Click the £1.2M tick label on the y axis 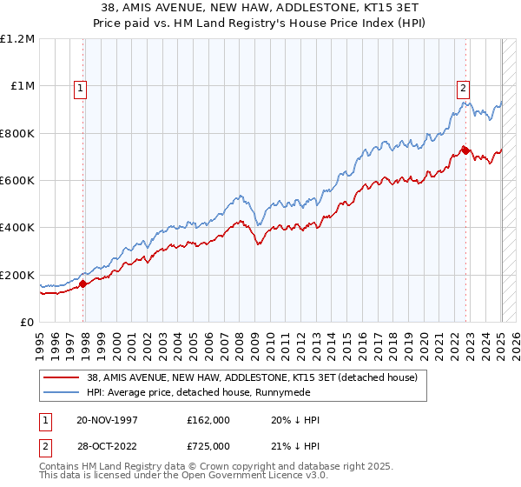coord(17,39)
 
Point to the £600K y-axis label coord(17,181)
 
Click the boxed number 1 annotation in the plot coord(80,87)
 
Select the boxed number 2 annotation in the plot coord(464,87)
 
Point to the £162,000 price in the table coord(209,420)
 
